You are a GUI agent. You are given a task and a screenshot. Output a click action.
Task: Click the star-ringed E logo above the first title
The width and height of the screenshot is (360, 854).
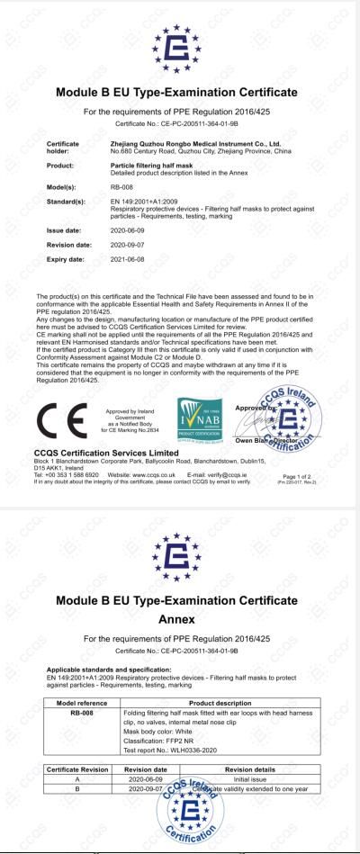(x=180, y=48)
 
